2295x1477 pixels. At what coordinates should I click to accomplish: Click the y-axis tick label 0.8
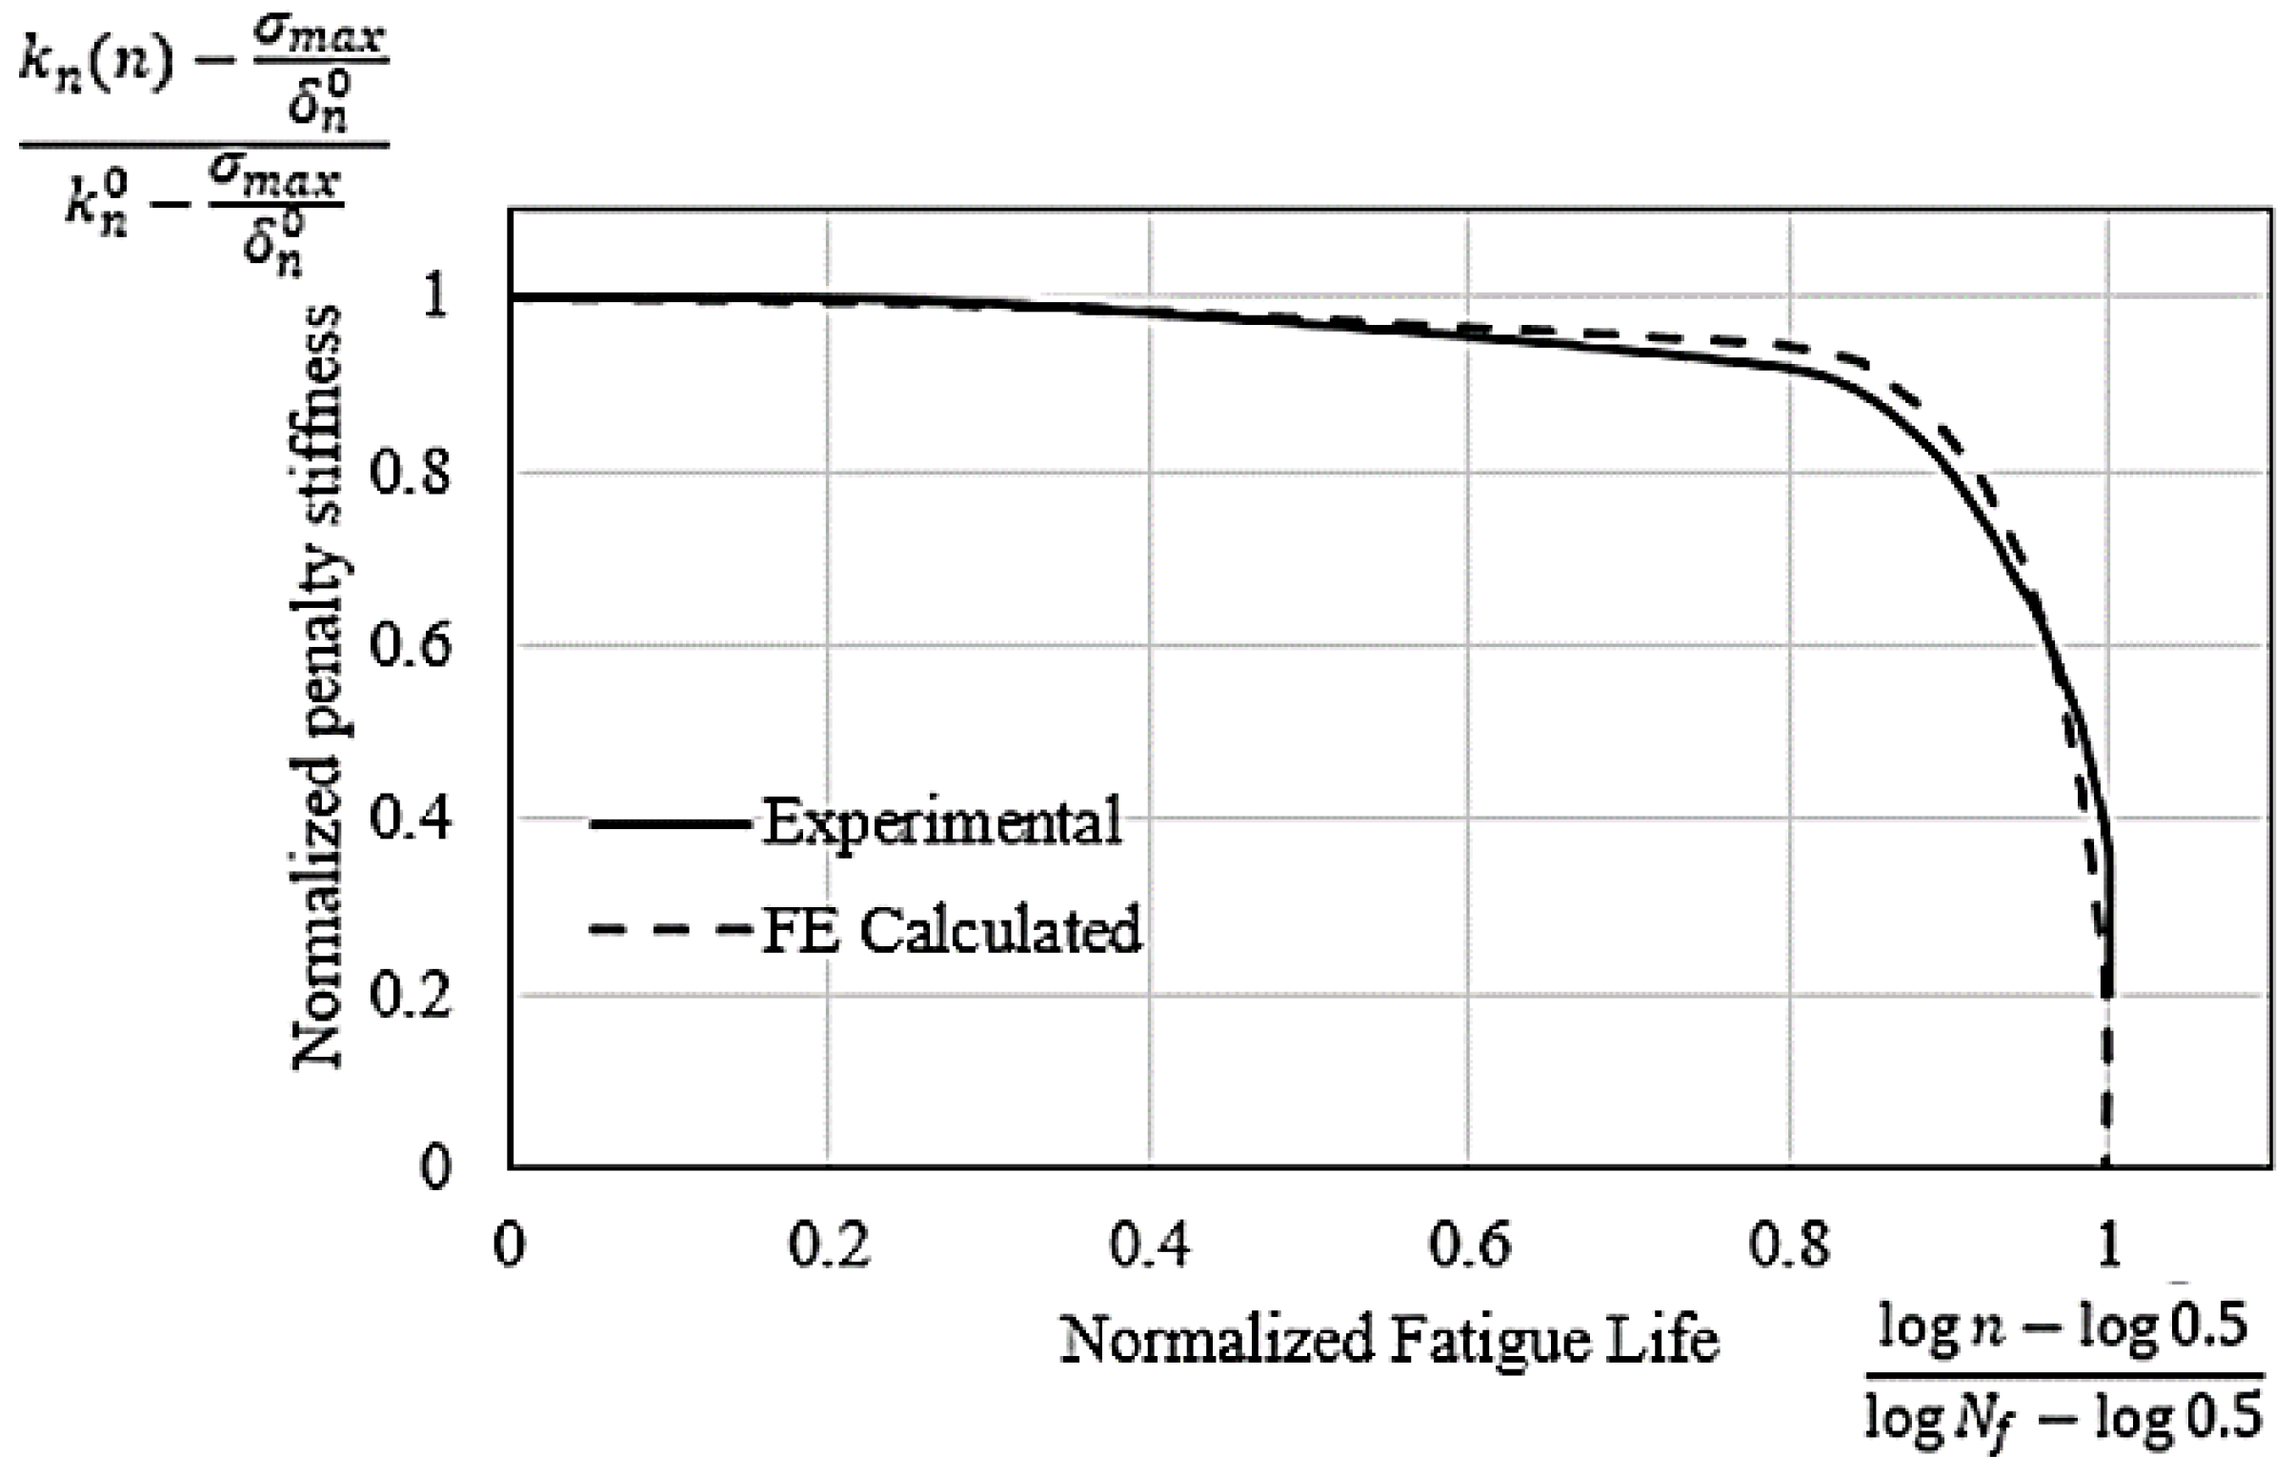(410, 473)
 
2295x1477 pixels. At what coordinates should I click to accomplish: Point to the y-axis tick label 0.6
(410, 646)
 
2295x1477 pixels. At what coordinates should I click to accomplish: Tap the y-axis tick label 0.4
(410, 821)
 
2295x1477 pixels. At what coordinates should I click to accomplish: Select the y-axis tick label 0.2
(410, 996)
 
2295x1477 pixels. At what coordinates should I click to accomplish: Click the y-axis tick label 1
(434, 297)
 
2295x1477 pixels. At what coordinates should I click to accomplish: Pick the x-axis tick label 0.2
(828, 1244)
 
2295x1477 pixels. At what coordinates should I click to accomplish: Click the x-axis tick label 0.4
(1149, 1244)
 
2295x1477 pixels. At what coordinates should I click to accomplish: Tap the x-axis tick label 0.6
(1469, 1244)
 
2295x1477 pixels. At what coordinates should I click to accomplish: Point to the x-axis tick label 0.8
(1789, 1244)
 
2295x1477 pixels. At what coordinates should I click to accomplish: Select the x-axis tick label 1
(2108, 1244)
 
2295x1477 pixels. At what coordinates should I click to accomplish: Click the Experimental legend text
(941, 823)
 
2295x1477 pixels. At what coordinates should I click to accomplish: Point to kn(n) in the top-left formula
(96, 67)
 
